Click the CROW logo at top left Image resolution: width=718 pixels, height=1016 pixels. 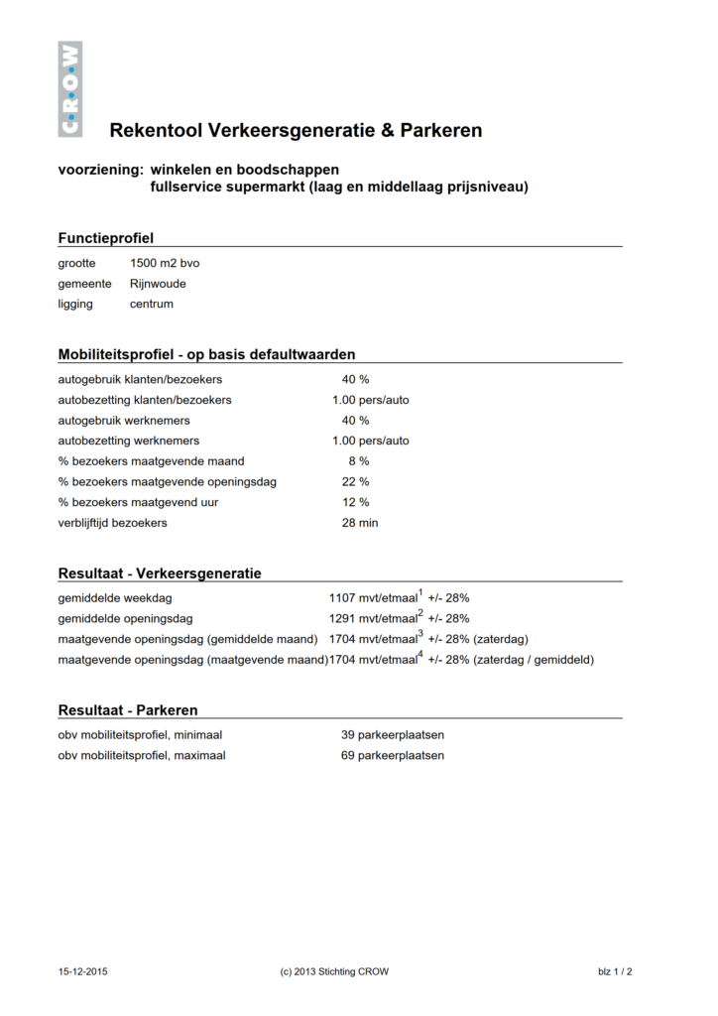click(x=69, y=88)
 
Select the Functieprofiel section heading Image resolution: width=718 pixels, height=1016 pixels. click(x=106, y=238)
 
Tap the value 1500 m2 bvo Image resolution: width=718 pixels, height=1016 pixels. click(x=165, y=263)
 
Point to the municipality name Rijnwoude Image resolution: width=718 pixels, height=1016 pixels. click(x=158, y=284)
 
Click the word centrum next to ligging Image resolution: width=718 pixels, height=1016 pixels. click(x=152, y=304)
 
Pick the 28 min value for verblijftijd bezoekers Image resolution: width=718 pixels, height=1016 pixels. click(x=359, y=523)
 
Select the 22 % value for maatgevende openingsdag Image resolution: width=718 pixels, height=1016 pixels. click(x=355, y=481)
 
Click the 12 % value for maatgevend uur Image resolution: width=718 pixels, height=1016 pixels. click(x=355, y=502)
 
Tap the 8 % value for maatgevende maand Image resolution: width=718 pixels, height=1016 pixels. click(x=358, y=461)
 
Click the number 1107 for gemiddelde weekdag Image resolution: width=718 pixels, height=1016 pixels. click(x=342, y=599)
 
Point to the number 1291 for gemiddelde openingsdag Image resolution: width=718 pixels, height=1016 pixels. click(x=342, y=619)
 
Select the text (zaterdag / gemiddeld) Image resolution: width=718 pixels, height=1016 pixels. click(x=534, y=660)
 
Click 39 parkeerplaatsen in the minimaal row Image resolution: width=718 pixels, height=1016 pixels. click(x=392, y=735)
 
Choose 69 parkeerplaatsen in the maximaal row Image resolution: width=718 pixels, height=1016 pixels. click(x=392, y=755)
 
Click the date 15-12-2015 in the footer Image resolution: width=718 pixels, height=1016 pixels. click(x=83, y=972)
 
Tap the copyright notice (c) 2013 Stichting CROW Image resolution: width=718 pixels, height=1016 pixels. click(x=334, y=972)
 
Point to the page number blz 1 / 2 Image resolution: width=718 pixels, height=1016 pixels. click(x=615, y=972)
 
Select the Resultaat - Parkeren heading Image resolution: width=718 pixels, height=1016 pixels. click(x=128, y=710)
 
